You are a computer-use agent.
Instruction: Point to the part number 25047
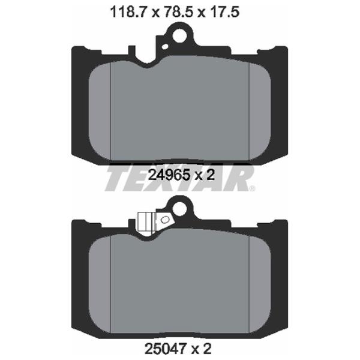point(165,347)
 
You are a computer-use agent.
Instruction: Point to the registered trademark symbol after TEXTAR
point(253,188)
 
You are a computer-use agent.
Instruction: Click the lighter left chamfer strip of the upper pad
point(101,108)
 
